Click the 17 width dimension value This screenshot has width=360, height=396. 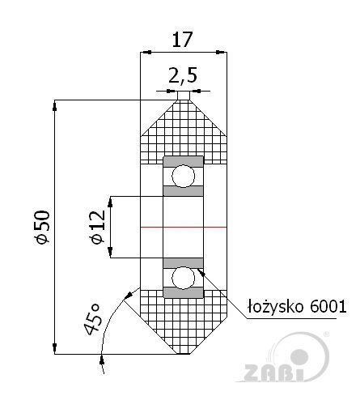click(183, 38)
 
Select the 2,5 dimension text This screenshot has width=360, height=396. click(183, 76)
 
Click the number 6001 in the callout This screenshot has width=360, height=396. click(328, 305)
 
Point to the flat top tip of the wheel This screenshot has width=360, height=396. click(183, 100)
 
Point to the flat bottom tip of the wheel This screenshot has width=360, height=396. click(183, 354)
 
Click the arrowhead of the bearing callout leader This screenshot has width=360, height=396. click(201, 269)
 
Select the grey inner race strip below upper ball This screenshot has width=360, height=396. click(183, 191)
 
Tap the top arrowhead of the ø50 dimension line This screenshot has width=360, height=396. click(54, 104)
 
